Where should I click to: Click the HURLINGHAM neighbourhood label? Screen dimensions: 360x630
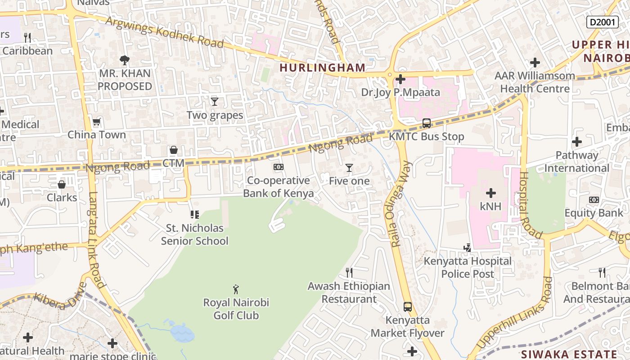tap(322, 67)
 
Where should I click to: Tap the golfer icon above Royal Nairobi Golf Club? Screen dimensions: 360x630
tap(236, 289)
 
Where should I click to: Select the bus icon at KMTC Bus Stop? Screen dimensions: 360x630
tap(426, 123)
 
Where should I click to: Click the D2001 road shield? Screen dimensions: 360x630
tap(602, 22)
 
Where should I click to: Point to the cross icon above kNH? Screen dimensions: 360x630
tap(490, 193)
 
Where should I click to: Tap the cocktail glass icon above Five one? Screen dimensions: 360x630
tap(349, 168)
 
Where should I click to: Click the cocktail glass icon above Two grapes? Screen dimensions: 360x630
tap(215, 102)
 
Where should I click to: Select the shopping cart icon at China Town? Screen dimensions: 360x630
tap(96, 121)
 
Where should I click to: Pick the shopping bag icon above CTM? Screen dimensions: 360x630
tap(173, 150)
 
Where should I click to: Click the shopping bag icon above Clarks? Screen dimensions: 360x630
tap(62, 184)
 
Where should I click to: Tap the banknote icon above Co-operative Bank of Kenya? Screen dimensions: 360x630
tap(278, 167)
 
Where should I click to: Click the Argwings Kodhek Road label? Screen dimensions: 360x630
tap(165, 32)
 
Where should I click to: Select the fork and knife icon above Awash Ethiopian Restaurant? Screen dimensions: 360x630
tap(349, 272)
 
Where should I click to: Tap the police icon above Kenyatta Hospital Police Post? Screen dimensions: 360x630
tap(468, 247)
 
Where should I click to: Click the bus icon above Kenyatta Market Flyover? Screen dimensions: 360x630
tap(407, 307)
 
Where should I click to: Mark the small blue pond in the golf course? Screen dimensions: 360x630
tap(182, 333)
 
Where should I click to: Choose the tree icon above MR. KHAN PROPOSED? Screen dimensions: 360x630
tap(124, 59)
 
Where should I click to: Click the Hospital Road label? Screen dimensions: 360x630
tap(531, 205)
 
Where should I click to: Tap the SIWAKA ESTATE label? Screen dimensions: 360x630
tap(569, 354)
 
